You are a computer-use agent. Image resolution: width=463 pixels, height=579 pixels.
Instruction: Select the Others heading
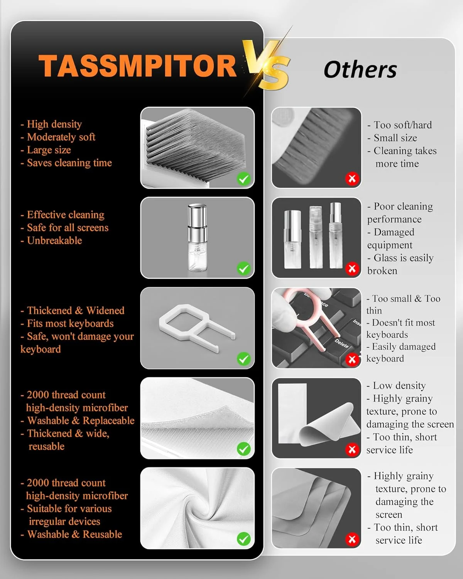coord(360,70)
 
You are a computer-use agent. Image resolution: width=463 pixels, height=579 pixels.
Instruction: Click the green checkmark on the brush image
coord(243,179)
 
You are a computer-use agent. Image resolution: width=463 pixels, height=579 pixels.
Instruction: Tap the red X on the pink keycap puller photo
coord(352,359)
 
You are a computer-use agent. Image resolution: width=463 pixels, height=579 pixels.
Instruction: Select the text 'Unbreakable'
coord(54,240)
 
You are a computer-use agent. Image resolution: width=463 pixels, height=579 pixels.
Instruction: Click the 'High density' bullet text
coord(54,124)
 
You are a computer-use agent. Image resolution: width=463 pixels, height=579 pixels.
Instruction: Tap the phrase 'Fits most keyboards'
coord(70,323)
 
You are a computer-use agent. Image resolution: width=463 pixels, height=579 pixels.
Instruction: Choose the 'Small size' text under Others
coord(395,138)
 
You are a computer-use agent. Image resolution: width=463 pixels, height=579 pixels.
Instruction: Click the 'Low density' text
coord(399,386)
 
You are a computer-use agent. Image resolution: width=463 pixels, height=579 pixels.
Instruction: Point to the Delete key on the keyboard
coord(341,343)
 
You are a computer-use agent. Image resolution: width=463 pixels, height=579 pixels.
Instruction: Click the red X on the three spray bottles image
coord(352,269)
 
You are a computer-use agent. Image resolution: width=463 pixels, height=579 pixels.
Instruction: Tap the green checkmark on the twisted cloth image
coord(243,539)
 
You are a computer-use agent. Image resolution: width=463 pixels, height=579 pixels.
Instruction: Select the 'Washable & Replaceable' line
coord(81,421)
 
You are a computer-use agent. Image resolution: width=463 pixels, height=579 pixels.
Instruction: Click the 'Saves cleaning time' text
coord(69,163)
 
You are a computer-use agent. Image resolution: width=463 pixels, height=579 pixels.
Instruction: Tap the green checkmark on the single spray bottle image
coord(243,269)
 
